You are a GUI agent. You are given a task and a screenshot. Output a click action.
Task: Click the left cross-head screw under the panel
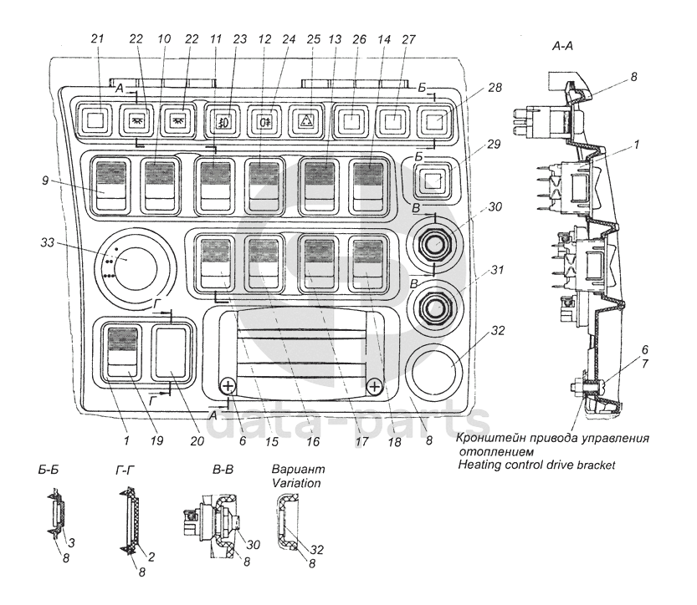pyautogui.click(x=227, y=386)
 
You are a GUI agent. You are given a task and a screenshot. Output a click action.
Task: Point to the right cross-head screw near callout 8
pyautogui.click(x=374, y=386)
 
